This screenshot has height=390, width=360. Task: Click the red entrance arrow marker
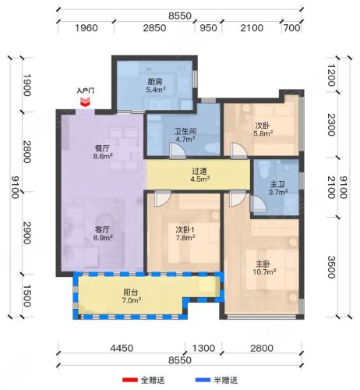pyautogui.click(x=85, y=102)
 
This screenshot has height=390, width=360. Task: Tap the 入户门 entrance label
pyautogui.click(x=85, y=90)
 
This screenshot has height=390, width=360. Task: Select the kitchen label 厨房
pyautogui.click(x=155, y=82)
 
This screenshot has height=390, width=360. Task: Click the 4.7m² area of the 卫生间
pyautogui.click(x=185, y=140)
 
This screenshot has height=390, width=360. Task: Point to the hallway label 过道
pyautogui.click(x=199, y=172)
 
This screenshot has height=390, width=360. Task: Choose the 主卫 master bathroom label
pyautogui.click(x=277, y=185)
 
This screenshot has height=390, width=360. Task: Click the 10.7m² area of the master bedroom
pyautogui.click(x=264, y=272)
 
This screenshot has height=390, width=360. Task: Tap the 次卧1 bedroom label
pyautogui.click(x=185, y=230)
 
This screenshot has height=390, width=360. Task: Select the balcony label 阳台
pyautogui.click(x=131, y=292)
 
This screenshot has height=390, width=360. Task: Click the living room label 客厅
pyautogui.click(x=102, y=230)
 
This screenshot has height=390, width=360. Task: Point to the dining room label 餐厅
pyautogui.click(x=102, y=148)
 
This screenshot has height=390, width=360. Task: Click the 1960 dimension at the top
pyautogui.click(x=86, y=28)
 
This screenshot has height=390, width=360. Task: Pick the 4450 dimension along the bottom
pyautogui.click(x=122, y=348)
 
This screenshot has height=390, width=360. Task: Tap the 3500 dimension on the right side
pyautogui.click(x=331, y=267)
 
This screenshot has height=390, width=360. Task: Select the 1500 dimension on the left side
pyautogui.click(x=27, y=296)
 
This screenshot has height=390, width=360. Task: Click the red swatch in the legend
pyautogui.click(x=130, y=380)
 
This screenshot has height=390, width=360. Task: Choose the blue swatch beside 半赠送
pyautogui.click(x=203, y=380)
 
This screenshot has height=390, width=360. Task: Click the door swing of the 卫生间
pyautogui.click(x=178, y=151)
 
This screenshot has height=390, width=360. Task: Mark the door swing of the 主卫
pyautogui.click(x=259, y=204)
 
